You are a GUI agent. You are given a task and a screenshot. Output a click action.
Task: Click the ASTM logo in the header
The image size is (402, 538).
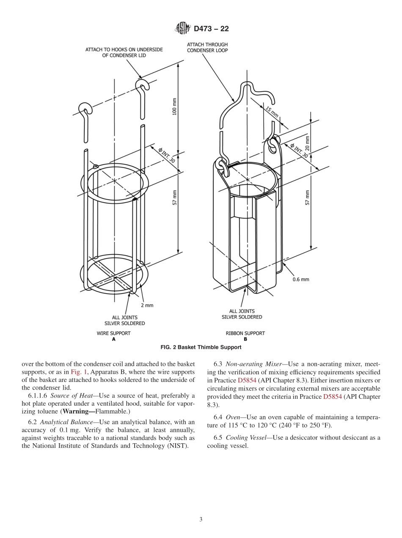click(183, 29)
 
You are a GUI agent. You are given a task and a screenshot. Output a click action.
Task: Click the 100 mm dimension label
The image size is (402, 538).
click(175, 108)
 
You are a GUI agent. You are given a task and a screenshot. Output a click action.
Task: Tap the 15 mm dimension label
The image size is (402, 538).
click(272, 111)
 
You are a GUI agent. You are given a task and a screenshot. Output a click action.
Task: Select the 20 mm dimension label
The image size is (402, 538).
click(307, 143)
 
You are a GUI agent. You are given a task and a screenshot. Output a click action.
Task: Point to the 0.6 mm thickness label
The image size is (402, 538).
click(301, 279)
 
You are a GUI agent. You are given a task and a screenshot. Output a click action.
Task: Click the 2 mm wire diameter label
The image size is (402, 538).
click(147, 305)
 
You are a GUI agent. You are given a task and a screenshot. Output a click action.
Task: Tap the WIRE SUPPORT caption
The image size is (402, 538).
click(113, 333)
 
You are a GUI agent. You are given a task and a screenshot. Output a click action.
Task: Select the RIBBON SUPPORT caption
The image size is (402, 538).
click(245, 333)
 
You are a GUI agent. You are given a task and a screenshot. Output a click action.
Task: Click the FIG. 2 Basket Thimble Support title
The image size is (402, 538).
click(201, 347)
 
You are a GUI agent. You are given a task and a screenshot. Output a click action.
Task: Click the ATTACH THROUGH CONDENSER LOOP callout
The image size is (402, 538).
click(207, 47)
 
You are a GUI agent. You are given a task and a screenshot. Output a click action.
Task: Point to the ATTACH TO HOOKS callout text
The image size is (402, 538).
click(124, 52)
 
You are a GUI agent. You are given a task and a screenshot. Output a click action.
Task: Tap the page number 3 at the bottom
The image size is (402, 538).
click(201, 519)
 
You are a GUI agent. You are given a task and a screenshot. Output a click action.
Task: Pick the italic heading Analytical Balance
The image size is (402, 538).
click(66, 422)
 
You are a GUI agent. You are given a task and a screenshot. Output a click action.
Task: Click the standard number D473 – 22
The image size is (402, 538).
click(211, 29)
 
